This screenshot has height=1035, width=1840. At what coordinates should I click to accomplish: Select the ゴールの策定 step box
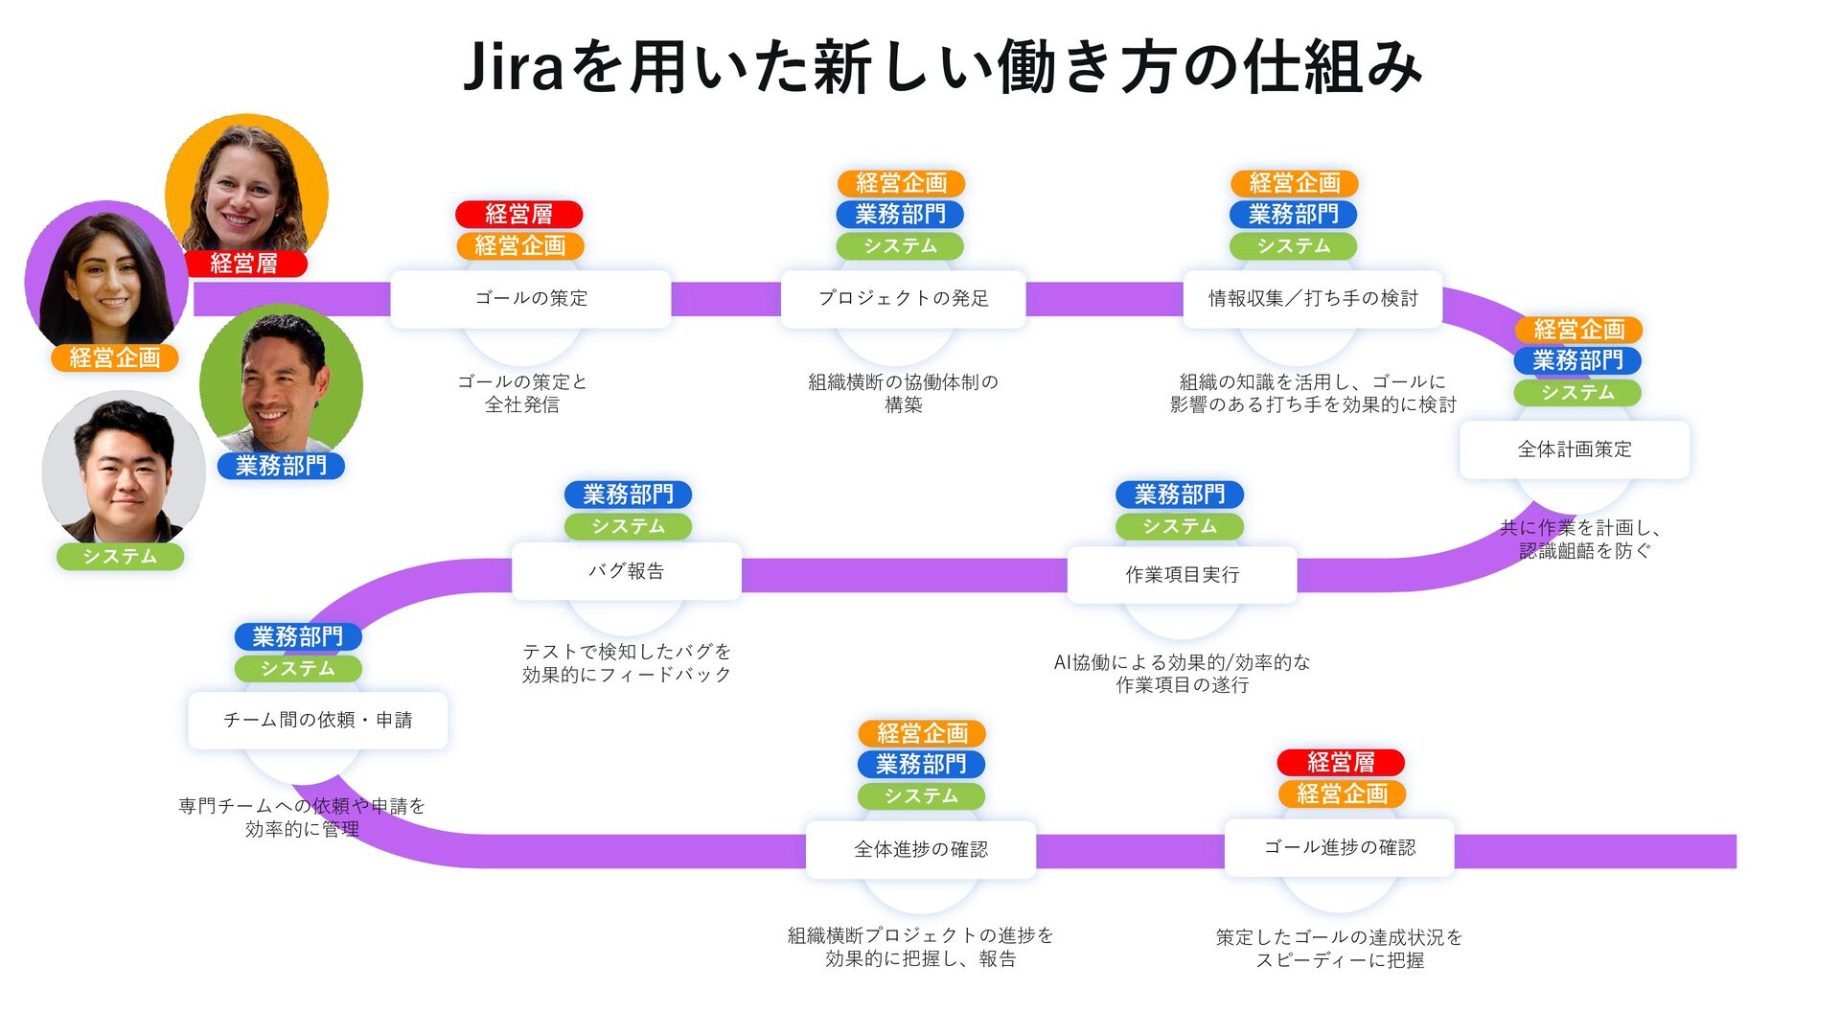(x=531, y=299)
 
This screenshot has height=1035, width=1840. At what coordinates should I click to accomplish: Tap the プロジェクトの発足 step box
(x=903, y=299)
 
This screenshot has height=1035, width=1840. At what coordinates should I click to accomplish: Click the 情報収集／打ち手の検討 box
(x=1312, y=299)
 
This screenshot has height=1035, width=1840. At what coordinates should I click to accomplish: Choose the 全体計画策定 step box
(x=1574, y=449)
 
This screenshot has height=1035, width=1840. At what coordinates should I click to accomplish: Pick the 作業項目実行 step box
(x=1182, y=575)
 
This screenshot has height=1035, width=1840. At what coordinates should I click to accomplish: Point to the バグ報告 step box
(x=626, y=572)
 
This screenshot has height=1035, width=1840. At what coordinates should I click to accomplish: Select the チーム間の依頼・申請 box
(x=317, y=721)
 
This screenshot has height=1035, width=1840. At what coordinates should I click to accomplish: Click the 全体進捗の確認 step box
(x=920, y=850)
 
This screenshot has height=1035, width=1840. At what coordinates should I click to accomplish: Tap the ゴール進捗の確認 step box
(x=1339, y=848)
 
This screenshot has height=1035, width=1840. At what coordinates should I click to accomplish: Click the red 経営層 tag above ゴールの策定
(x=518, y=215)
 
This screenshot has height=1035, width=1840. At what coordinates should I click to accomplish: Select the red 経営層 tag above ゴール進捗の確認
(x=1340, y=763)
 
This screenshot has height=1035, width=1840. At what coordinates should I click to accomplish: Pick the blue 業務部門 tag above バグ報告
(x=628, y=495)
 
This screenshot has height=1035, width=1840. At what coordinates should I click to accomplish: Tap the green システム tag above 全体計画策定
(x=1577, y=393)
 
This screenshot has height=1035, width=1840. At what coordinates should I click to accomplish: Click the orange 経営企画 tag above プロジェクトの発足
(x=901, y=183)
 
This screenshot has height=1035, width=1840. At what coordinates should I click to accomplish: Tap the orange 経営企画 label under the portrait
(x=115, y=358)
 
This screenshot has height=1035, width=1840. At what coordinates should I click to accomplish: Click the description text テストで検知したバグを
(x=627, y=652)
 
